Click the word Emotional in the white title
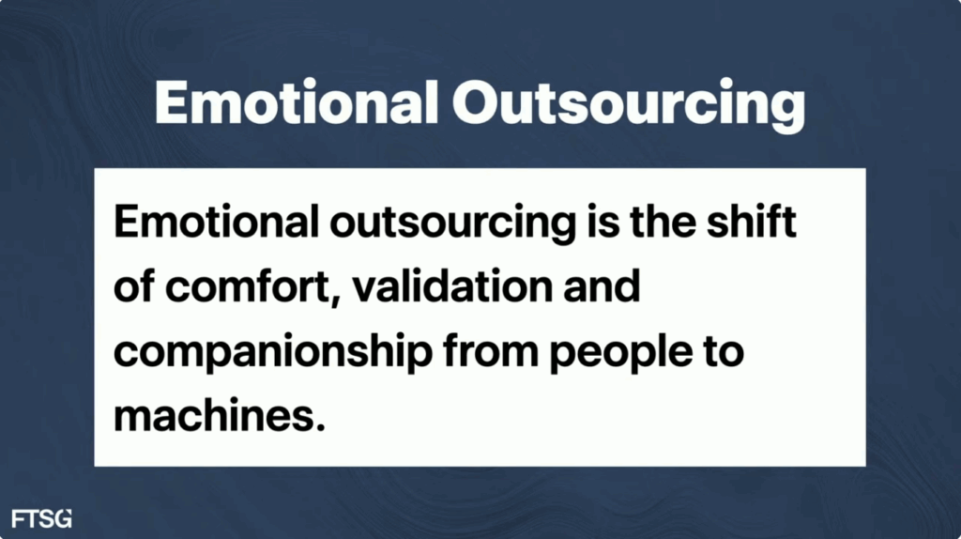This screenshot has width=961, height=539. [x=297, y=102]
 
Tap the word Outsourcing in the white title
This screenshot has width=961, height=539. [x=629, y=105]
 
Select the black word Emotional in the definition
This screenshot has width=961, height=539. [x=217, y=222]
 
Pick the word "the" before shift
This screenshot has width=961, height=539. [x=663, y=222]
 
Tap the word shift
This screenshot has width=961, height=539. [x=752, y=222]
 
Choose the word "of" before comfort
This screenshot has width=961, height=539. [x=134, y=285]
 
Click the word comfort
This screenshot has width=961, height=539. [x=248, y=287]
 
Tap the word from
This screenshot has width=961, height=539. [x=491, y=351]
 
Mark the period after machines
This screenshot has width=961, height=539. [x=319, y=425]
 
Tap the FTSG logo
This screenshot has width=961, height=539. [x=41, y=518]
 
